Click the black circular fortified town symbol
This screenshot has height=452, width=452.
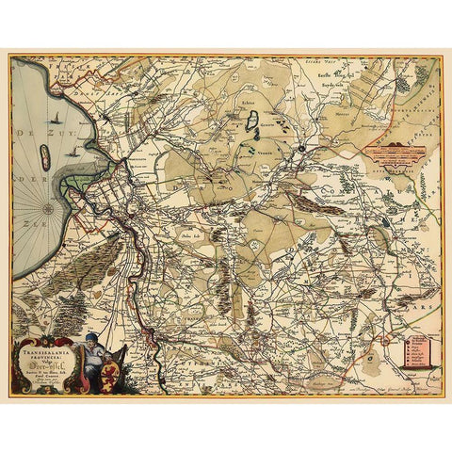(299, 147)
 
